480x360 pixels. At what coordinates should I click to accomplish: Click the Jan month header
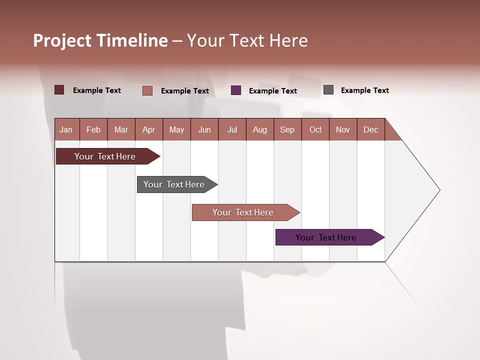pos(66,129)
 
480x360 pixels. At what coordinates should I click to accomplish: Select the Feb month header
pos(93,129)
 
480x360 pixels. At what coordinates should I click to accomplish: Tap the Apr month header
pos(149,129)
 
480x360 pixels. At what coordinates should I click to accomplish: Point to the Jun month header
pos(204,129)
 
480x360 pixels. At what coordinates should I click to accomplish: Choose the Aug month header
pos(260,129)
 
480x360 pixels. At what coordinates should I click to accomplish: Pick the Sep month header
pos(287,129)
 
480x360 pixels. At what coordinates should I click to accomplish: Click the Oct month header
pos(315,129)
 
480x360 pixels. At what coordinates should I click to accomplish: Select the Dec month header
pos(371,129)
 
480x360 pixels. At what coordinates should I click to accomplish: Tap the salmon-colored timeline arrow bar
pos(244,212)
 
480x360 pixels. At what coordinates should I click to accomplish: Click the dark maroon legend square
pos(59,90)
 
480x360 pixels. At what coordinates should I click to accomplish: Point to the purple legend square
pos(236,90)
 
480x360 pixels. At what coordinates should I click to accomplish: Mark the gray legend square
pos(328,90)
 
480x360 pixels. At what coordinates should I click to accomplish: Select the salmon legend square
pos(147,90)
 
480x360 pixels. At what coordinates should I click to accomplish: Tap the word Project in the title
pos(62,40)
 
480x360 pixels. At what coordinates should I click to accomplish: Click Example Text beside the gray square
pos(364,90)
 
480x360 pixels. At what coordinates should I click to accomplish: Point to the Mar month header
pos(121,129)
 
